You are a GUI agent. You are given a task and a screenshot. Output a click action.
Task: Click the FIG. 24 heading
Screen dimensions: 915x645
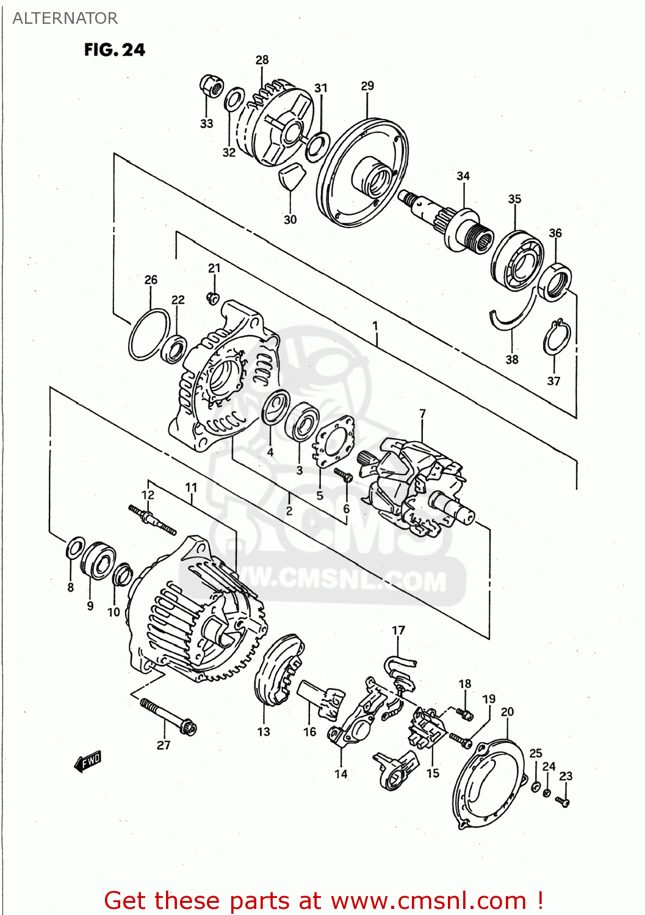pyautogui.click(x=115, y=50)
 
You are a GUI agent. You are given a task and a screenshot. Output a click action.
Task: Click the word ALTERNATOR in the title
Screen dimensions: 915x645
pyautogui.click(x=65, y=18)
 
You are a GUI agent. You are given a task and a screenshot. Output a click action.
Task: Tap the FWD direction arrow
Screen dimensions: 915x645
pyautogui.click(x=88, y=762)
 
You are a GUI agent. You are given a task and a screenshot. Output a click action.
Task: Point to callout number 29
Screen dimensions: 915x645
pyautogui.click(x=367, y=86)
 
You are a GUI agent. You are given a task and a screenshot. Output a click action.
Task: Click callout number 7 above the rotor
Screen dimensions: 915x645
pyautogui.click(x=422, y=414)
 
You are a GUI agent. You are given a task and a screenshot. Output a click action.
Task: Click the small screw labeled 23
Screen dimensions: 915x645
pyautogui.click(x=563, y=801)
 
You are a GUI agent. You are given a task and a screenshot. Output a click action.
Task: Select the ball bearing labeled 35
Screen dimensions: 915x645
pyautogui.click(x=517, y=259)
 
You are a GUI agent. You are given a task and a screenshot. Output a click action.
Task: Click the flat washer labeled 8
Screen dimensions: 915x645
pyautogui.click(x=75, y=548)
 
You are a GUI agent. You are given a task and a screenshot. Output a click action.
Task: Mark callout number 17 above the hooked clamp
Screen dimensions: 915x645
pyautogui.click(x=398, y=630)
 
